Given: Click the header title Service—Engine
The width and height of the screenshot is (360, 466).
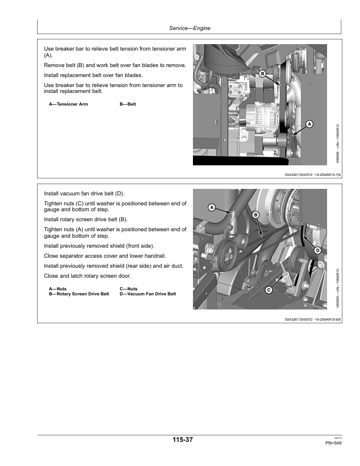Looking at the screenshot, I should pyautogui.click(x=189, y=28).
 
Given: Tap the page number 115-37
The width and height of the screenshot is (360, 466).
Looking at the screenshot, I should pyautogui.click(x=182, y=440).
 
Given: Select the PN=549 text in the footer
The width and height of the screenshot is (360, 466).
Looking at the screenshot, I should pyautogui.click(x=333, y=442).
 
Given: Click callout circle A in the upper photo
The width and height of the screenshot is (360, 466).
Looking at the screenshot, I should pyautogui.click(x=309, y=125).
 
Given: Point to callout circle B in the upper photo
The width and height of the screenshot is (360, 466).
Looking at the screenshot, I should pyautogui.click(x=262, y=73).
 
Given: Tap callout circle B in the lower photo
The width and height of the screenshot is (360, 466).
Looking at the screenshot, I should pyautogui.click(x=256, y=215).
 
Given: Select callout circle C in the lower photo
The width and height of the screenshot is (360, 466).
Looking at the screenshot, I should pyautogui.click(x=269, y=289).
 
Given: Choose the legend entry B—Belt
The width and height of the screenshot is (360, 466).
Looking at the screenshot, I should pyautogui.click(x=128, y=104).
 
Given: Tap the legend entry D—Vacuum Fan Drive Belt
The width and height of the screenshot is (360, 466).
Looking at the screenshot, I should pyautogui.click(x=148, y=294).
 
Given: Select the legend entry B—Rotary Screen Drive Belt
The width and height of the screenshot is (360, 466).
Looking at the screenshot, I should pyautogui.click(x=79, y=294).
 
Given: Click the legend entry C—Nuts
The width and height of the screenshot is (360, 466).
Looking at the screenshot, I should pyautogui.click(x=128, y=289).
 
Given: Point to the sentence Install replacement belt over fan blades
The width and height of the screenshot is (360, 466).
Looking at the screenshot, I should pyautogui.click(x=93, y=75).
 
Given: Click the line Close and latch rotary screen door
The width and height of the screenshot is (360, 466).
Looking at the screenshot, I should pyautogui.click(x=88, y=276).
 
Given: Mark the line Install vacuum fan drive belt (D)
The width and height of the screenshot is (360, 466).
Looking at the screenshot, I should pyautogui.click(x=84, y=194).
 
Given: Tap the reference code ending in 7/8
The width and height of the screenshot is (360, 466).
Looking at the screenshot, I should pyautogui.click(x=312, y=174).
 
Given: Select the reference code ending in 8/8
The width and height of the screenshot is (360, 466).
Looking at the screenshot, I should pyautogui.click(x=312, y=320).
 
